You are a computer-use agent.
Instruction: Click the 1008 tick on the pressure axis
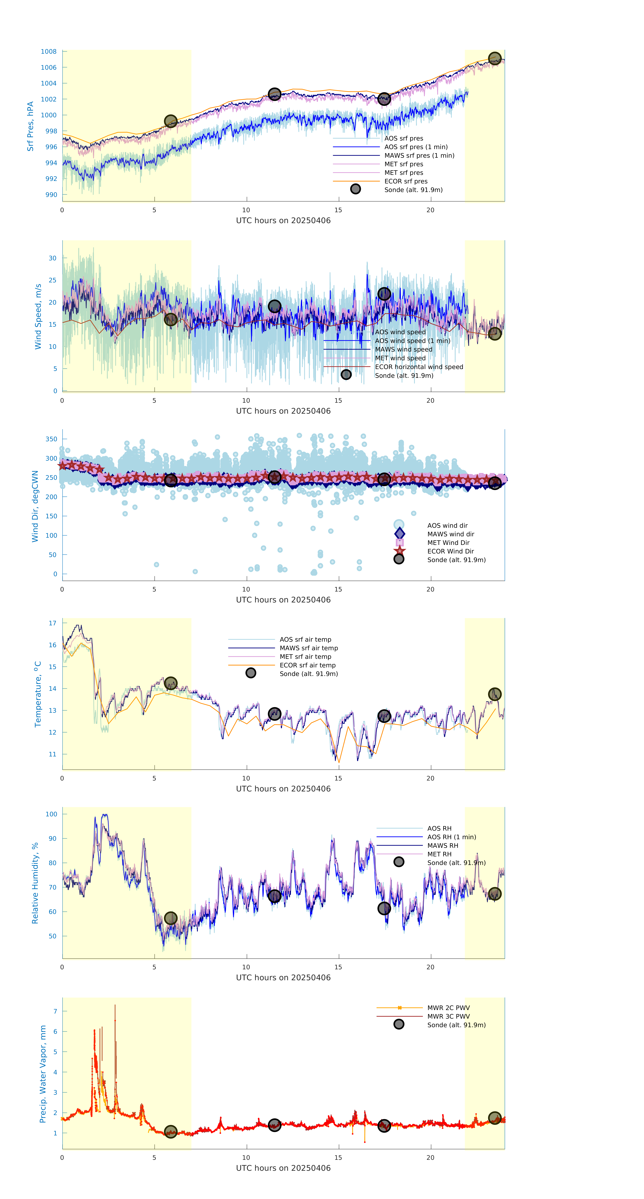point(48,52)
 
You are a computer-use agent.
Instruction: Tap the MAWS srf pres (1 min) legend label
point(419,155)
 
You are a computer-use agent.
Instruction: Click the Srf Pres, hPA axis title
point(30,126)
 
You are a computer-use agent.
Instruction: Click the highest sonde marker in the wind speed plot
point(384,294)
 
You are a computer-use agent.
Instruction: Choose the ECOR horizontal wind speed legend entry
point(419,367)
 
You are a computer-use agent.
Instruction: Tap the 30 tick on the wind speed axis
point(53,258)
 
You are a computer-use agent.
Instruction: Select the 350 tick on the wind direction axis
point(51,439)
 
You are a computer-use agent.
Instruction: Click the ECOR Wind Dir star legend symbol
point(399,551)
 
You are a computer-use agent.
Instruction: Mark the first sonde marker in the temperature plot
point(171,683)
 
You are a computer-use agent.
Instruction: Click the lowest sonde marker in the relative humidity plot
point(171,918)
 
